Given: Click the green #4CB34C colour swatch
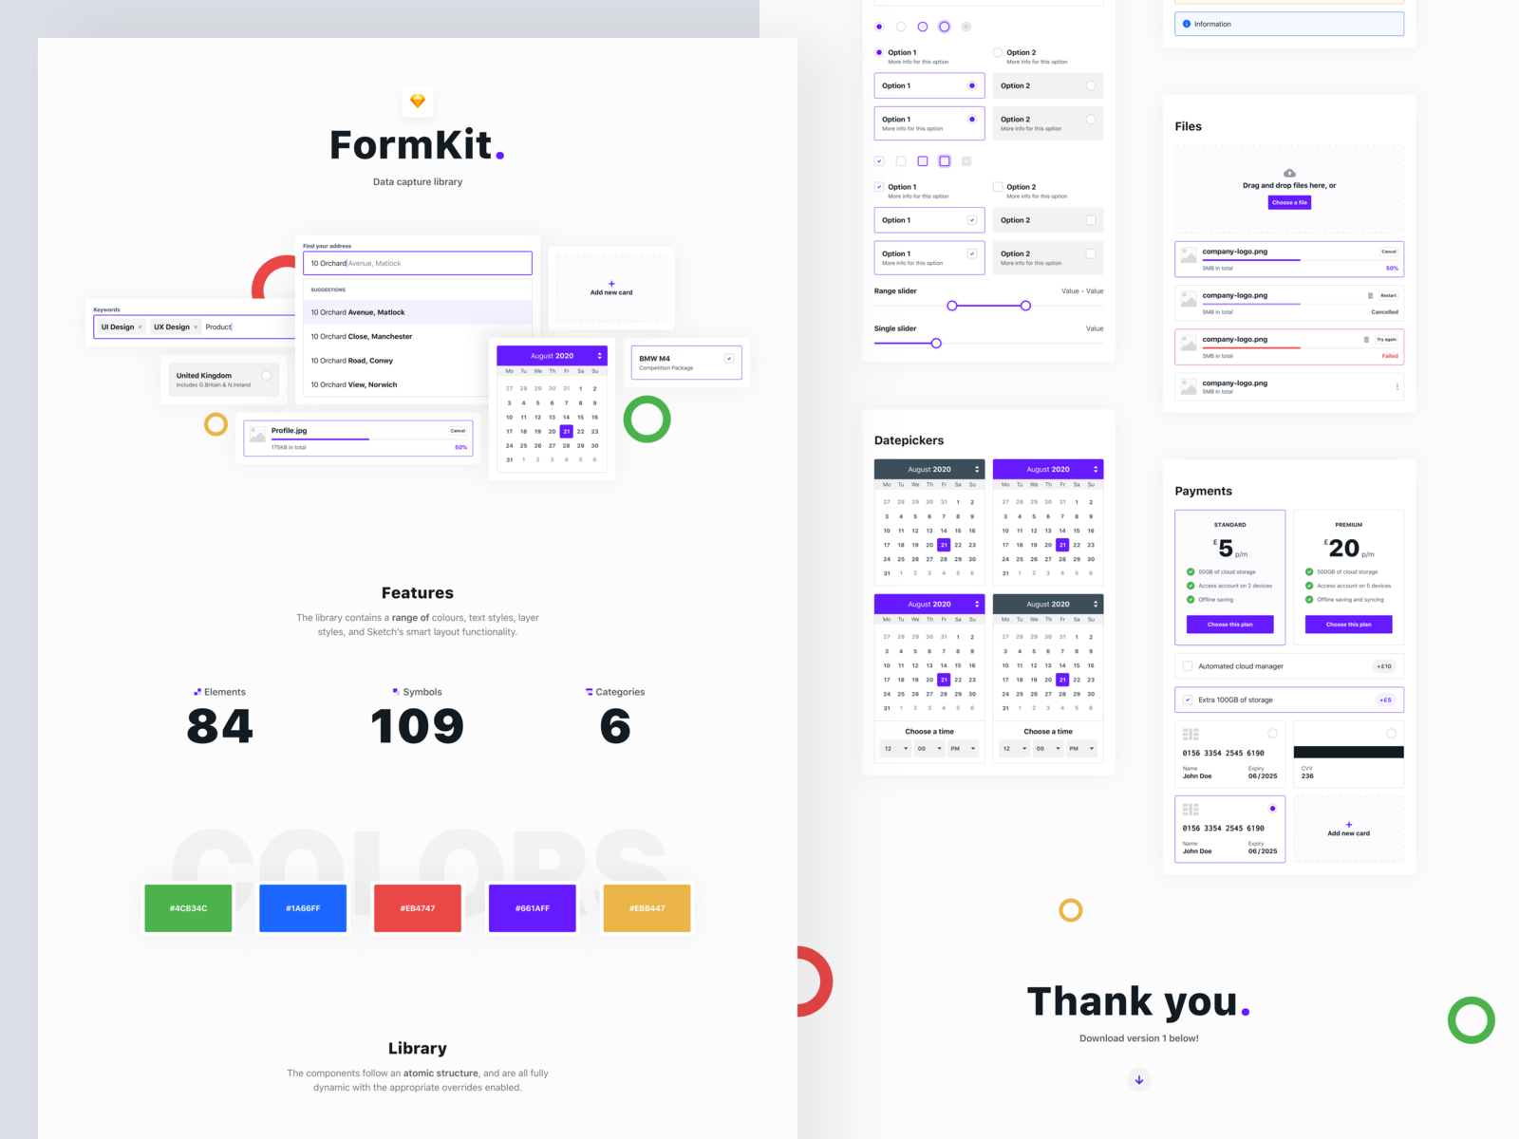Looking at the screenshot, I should click(188, 908).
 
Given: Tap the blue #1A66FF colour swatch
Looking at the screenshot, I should click(303, 908).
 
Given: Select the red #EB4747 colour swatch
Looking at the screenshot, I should click(418, 908).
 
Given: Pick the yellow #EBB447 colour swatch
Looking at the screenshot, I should click(647, 908).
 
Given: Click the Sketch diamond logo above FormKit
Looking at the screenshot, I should click(418, 101).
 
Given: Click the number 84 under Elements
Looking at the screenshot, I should click(220, 727).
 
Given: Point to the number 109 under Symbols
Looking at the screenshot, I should click(418, 727).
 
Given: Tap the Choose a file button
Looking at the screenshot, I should click(1289, 202).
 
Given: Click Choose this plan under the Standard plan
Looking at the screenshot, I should click(1229, 625).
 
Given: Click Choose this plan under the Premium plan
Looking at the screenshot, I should click(1348, 625).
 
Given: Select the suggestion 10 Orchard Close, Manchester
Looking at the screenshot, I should click(362, 336).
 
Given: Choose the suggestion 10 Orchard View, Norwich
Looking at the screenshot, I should click(354, 384).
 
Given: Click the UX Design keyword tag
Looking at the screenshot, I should click(172, 327).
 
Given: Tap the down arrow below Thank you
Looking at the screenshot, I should click(1139, 1079).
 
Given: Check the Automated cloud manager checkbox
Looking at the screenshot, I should click(1188, 666).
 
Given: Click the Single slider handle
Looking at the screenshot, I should click(936, 344).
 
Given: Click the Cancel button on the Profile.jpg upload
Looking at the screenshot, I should click(458, 431).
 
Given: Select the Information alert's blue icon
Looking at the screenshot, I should click(1187, 24).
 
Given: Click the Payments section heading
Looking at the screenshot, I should click(1203, 491).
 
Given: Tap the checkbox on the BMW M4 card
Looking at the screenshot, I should click(729, 359).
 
